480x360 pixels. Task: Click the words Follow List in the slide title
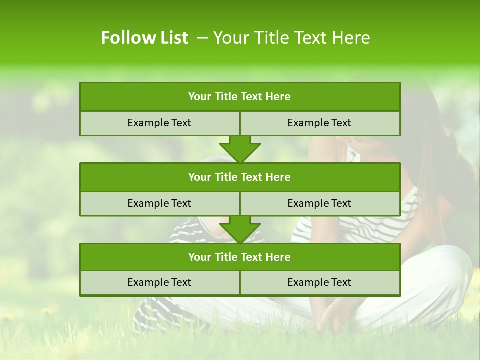tap(144, 38)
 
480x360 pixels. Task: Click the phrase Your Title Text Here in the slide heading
tap(291, 38)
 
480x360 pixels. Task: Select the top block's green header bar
tap(240, 97)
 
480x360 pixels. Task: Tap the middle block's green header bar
tap(240, 177)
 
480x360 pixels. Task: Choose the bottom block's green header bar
tap(240, 257)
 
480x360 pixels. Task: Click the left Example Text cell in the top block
tap(159, 123)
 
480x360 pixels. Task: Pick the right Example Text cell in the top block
tap(319, 123)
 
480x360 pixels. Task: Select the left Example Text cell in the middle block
tap(159, 203)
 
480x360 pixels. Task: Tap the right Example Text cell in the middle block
tap(319, 203)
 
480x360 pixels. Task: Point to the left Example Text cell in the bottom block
tap(159, 282)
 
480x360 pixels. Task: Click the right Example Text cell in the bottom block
tap(319, 282)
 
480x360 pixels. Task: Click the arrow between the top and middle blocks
tap(240, 149)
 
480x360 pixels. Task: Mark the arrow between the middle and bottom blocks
tap(240, 229)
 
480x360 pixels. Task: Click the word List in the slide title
tap(172, 38)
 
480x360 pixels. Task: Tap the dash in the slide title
tap(202, 38)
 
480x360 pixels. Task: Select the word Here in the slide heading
tap(352, 38)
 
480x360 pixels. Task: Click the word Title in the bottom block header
tap(226, 257)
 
